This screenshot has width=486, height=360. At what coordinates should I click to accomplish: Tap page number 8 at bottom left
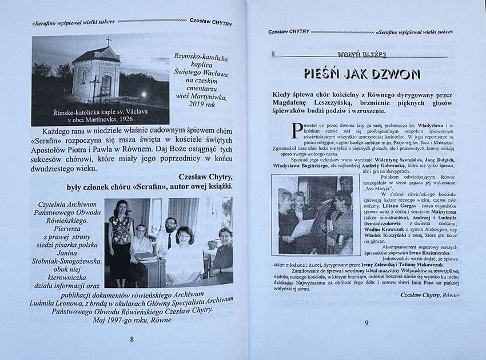click(132, 339)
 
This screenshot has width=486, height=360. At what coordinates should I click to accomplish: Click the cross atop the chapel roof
click(108, 41)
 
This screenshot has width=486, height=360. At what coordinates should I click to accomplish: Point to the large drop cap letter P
click(296, 129)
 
